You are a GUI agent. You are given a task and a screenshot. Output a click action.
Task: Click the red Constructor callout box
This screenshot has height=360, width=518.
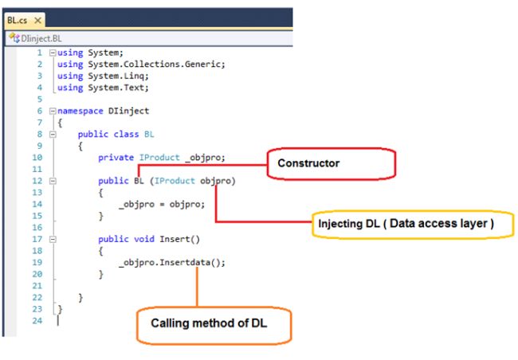pos(330,164)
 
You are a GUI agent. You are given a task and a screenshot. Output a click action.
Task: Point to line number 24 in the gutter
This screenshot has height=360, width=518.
pos(37,320)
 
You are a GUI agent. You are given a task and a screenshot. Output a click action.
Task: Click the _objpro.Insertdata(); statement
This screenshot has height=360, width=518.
pos(172,262)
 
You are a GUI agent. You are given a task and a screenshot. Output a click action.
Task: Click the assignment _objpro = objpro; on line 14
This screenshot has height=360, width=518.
pos(162,204)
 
